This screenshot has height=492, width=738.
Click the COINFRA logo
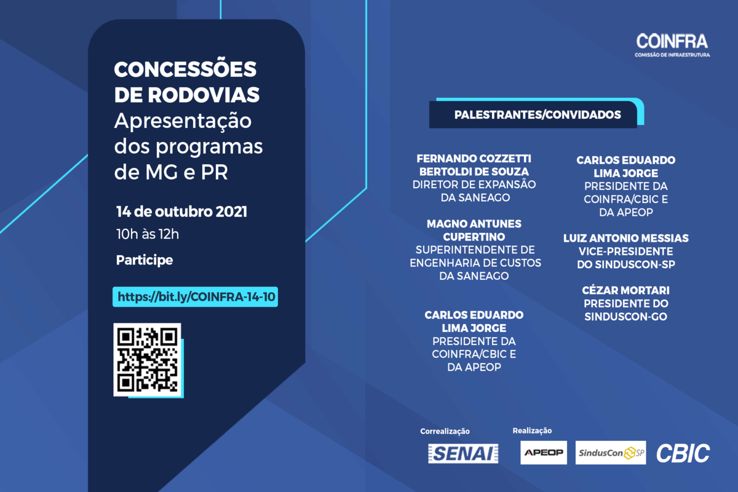(672, 45)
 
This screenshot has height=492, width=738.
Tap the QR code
(147, 360)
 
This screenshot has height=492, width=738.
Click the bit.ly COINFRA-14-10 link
(196, 297)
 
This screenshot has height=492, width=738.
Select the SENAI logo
(463, 453)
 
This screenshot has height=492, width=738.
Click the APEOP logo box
(544, 453)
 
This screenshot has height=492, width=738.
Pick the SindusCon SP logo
(611, 453)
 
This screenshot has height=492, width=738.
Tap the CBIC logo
(683, 453)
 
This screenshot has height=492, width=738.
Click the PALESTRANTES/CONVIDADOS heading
(538, 114)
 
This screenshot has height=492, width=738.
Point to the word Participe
(145, 260)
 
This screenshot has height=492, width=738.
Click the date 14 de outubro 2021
(181, 212)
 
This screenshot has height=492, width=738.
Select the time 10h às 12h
(148, 234)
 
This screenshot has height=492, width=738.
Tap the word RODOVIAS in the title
(204, 95)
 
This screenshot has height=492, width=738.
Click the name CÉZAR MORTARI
(625, 290)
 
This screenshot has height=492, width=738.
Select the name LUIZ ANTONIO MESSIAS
(626, 238)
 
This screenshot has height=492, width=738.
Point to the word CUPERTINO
(474, 237)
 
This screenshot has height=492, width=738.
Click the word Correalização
(445, 431)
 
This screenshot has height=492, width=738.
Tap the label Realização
(532, 430)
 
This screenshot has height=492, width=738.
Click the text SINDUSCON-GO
(625, 317)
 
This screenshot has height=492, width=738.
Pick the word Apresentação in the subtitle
(183, 121)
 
